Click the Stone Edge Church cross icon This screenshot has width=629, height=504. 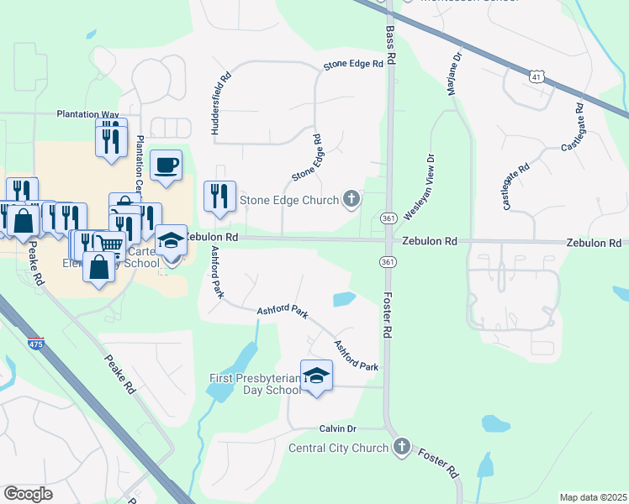tap(351, 199)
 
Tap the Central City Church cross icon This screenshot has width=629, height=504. tap(402, 447)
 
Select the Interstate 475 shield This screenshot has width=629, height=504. tap(35, 343)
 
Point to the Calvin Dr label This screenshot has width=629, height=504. tap(339, 428)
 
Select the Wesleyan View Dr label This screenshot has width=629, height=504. tap(418, 187)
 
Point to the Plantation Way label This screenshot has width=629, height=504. tap(87, 113)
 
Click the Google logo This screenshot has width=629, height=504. tap(28, 493)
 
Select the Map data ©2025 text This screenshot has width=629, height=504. tap(593, 497)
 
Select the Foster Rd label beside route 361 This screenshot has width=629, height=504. tap(388, 314)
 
